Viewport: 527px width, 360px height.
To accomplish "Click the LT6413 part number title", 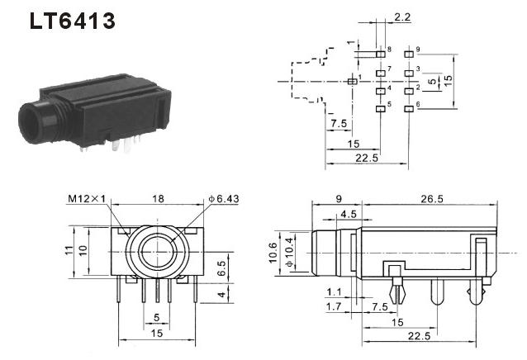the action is click(72, 21).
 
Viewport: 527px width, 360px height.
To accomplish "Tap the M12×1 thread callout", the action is click(87, 199).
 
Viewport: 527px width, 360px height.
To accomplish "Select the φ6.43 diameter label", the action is click(224, 199).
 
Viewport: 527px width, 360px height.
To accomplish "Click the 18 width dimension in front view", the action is click(158, 199).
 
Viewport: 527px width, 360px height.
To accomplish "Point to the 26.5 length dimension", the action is click(432, 199).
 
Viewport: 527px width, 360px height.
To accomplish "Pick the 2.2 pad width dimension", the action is click(402, 17).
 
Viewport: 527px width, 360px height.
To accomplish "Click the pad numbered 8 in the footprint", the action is click(381, 54).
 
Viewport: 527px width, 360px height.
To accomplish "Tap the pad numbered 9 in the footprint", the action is click(409, 54).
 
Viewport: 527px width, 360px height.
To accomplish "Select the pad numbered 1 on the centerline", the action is click(352, 81).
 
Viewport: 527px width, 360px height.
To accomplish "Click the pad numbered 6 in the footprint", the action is click(409, 109).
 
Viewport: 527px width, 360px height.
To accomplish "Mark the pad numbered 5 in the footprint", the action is click(381, 109).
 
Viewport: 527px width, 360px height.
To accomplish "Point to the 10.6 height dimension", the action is click(273, 253).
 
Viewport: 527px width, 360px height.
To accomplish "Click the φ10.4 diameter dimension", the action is click(289, 253).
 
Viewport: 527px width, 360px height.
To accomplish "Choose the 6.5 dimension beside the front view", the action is click(222, 268).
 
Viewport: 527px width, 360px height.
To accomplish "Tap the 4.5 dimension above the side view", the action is click(349, 214).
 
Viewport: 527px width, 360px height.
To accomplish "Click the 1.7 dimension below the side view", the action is click(334, 306).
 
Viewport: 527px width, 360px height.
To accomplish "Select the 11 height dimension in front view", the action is click(69, 250).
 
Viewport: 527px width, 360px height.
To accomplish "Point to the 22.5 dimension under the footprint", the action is click(367, 159).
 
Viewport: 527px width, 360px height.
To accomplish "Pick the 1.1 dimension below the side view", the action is click(334, 292).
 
